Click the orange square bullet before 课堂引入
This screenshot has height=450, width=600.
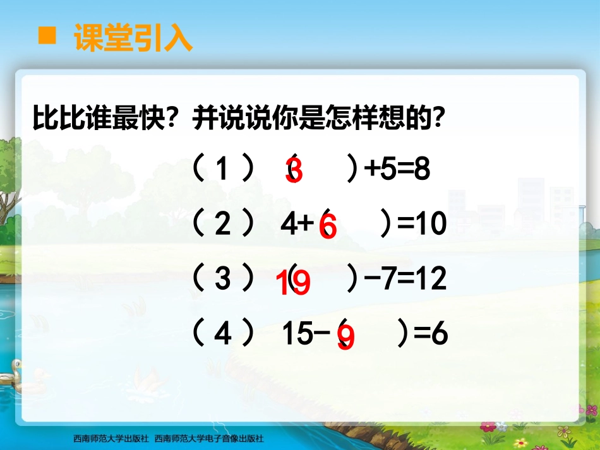point(46,36)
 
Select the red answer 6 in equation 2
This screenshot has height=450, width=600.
point(328,227)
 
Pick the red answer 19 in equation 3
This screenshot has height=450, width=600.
point(294,283)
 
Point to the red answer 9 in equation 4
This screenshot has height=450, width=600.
point(346,338)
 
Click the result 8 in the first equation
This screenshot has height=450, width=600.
point(422,170)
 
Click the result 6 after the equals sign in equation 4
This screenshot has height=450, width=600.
point(439,335)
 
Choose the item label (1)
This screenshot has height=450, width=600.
point(223,170)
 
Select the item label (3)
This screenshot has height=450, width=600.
point(223,279)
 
